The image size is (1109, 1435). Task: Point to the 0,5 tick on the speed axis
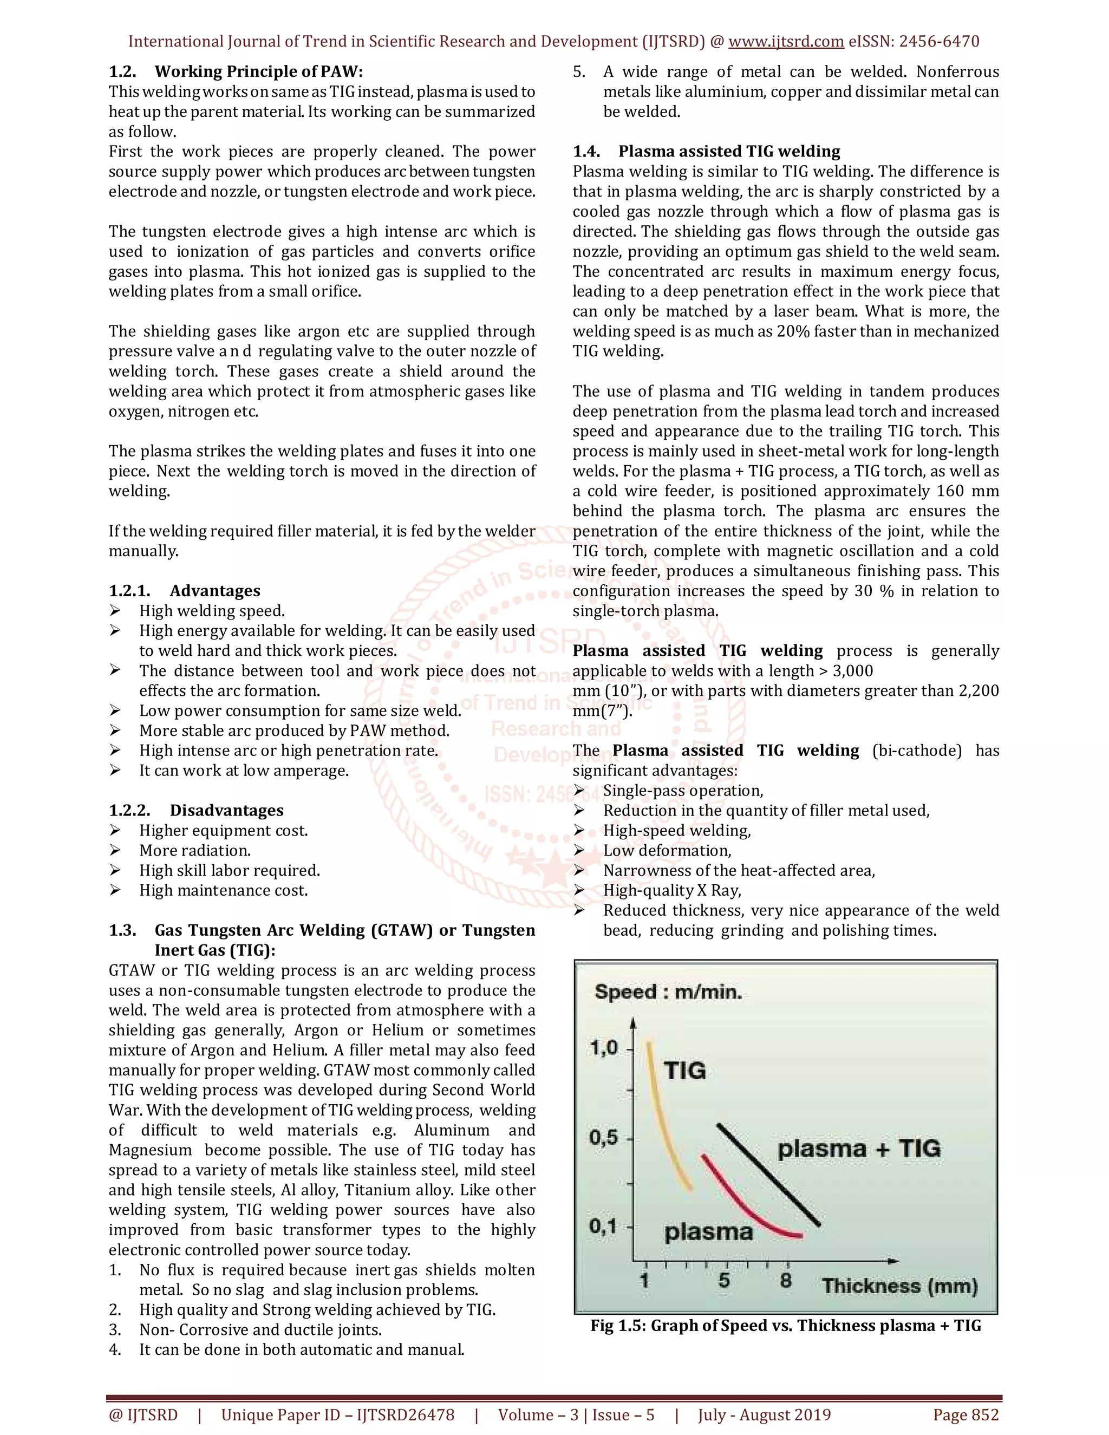point(604,1137)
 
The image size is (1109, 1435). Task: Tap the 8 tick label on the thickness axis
point(786,1280)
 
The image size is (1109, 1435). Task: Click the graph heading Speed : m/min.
point(668,992)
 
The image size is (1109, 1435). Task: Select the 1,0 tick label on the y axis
point(604,1048)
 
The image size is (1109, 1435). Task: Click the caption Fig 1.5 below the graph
point(785,1325)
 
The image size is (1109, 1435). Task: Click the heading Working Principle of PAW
point(258,71)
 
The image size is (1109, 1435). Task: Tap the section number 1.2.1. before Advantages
point(129,591)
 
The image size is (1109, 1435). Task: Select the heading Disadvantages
point(227,810)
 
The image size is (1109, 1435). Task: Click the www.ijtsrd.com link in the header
point(786,41)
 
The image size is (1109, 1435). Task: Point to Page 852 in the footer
point(965,1414)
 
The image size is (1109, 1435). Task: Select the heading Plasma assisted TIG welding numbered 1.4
point(729,151)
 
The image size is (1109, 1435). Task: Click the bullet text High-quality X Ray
point(671,890)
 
